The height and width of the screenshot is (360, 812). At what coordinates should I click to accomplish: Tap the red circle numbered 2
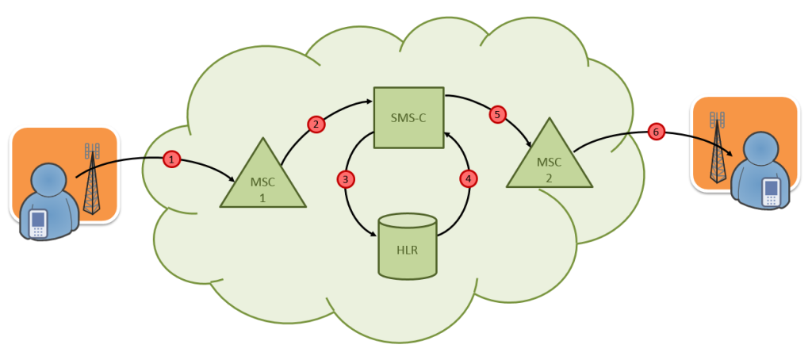click(x=316, y=124)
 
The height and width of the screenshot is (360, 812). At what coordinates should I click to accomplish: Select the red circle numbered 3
click(x=345, y=179)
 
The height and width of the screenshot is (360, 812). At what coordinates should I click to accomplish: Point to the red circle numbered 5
click(x=497, y=115)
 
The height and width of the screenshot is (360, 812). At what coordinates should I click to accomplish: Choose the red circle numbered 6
click(x=656, y=132)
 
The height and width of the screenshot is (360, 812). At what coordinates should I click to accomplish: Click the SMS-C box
click(x=408, y=117)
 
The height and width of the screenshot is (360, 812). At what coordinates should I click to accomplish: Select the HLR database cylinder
click(x=408, y=246)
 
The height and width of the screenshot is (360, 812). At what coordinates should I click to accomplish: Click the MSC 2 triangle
click(x=549, y=159)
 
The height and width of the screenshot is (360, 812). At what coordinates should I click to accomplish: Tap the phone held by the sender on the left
click(x=37, y=224)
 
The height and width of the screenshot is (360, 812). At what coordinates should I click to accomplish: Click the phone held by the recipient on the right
click(x=770, y=192)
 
